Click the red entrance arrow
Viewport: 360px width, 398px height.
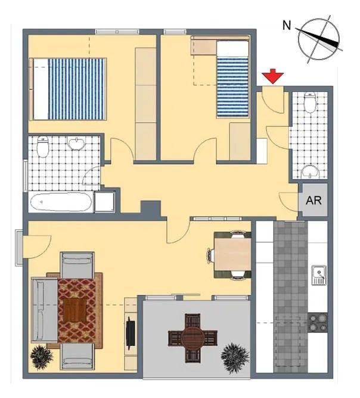coord(273,76)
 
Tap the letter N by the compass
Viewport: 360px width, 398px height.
coord(287,26)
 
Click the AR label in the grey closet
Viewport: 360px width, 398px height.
coord(314,200)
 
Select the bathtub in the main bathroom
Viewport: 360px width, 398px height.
coord(61,202)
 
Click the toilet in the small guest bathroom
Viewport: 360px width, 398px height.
coord(310,102)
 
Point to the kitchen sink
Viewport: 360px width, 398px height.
coord(319,275)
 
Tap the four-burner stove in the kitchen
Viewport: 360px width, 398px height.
coord(318,323)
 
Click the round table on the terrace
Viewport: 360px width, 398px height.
coord(193,338)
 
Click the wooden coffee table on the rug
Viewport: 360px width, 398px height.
coord(75,310)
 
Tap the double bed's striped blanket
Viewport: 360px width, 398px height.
coord(76,88)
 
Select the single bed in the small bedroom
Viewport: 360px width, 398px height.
coord(232,79)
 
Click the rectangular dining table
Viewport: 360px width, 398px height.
coord(232,255)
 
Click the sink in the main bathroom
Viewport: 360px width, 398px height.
coord(76,143)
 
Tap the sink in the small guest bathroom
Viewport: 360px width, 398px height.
coord(311,172)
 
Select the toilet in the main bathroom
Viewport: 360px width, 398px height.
coord(42,147)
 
